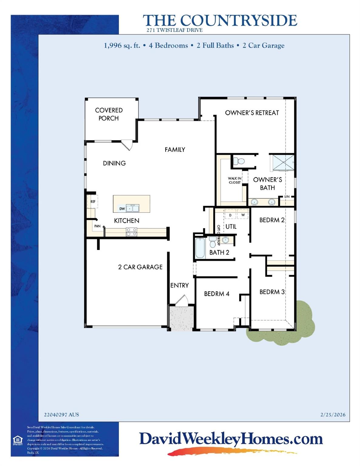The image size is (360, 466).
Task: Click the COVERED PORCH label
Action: (109, 114)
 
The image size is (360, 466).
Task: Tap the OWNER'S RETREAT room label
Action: (252, 113)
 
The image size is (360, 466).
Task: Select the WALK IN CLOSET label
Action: (235, 181)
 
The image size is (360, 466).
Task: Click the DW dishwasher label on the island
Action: (122, 209)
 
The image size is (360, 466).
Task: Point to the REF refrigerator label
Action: (93, 201)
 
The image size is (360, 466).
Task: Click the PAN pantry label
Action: (97, 226)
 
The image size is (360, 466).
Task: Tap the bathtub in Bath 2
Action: (200, 248)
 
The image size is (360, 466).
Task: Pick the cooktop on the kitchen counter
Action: (131, 232)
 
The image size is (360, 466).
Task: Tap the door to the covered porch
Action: (127, 144)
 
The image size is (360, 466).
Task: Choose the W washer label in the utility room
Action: (243, 215)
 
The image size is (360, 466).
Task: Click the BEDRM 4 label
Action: (216, 294)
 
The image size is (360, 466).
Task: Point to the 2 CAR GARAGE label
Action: (140, 267)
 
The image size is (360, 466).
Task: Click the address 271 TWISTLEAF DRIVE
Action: (175, 30)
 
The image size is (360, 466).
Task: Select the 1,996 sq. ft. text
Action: (122, 46)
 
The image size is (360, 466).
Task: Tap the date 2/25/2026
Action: (333, 415)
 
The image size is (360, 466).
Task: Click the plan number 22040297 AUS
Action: (62, 415)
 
